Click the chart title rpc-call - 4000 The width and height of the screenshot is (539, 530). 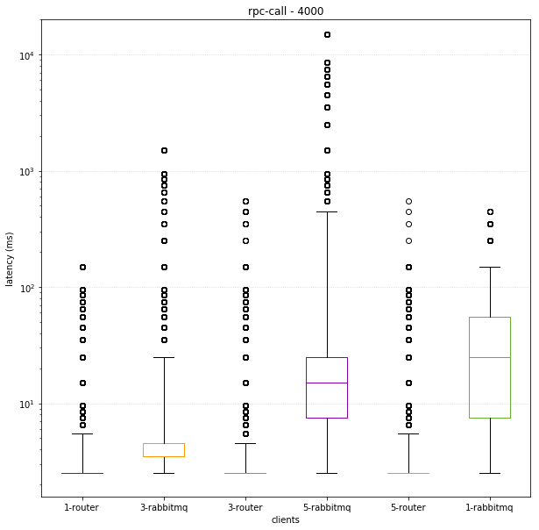286,11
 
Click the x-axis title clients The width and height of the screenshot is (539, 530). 286,519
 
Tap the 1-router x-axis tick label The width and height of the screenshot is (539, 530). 82,507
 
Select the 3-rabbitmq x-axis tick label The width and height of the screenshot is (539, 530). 164,507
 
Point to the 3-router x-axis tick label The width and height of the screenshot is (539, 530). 245,507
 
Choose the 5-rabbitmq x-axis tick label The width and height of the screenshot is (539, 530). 327,507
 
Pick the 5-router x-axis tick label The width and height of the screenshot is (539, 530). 408,507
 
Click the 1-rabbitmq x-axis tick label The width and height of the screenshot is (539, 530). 489,507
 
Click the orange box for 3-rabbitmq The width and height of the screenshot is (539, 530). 164,450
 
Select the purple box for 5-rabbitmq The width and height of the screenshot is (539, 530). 327,388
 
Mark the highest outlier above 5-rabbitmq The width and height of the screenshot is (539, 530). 327,35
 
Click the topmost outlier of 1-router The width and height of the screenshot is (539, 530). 82,267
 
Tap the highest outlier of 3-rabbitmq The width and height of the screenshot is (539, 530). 164,151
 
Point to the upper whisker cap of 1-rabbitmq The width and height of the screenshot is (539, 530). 489,267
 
